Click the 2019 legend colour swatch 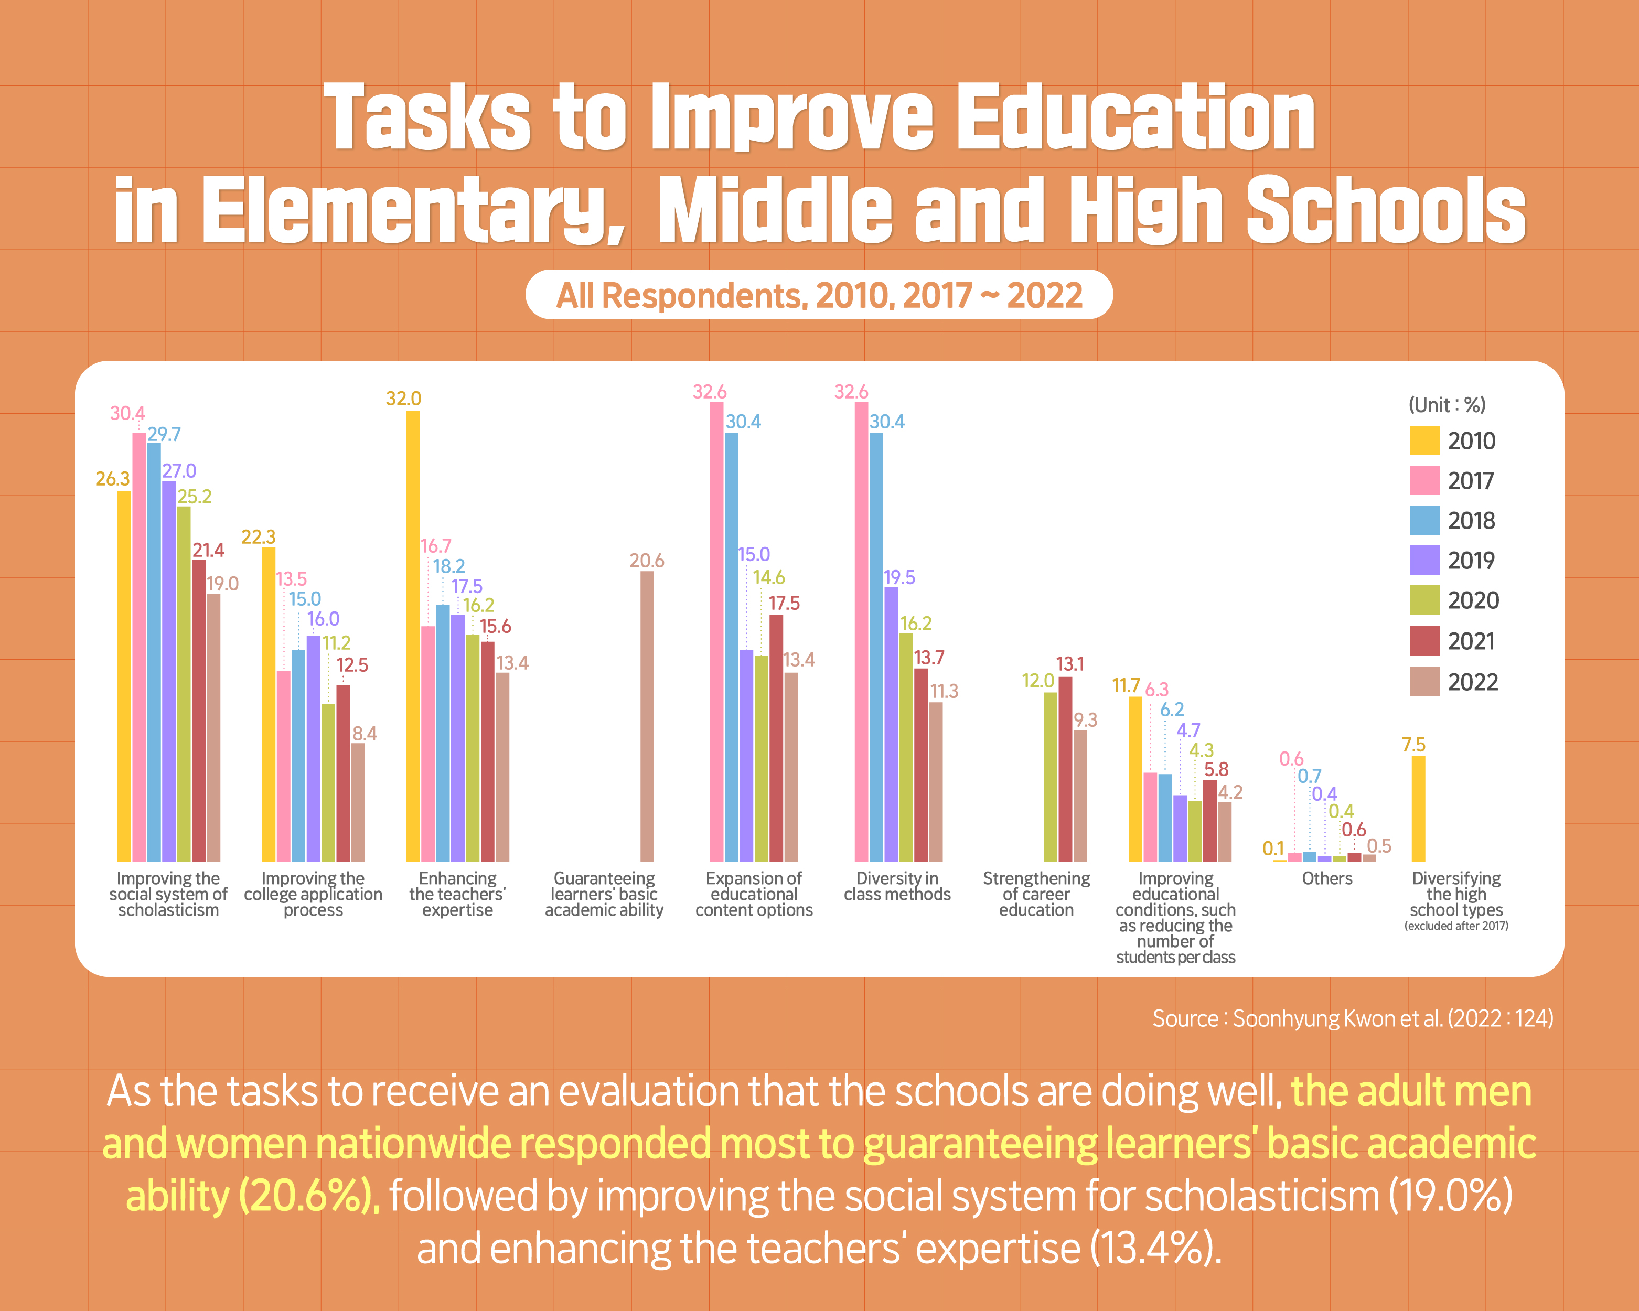(1424, 560)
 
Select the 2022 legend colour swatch (1424, 682)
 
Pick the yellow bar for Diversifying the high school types (1418, 808)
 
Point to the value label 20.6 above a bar (647, 561)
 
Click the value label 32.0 (404, 398)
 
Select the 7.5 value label (1413, 745)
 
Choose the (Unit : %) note (1447, 404)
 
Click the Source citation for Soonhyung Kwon (1353, 1018)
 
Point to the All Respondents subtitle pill (819, 295)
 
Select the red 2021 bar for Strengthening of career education (1065, 768)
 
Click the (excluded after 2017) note (1456, 926)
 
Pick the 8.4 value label (365, 734)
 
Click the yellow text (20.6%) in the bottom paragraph (308, 1196)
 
